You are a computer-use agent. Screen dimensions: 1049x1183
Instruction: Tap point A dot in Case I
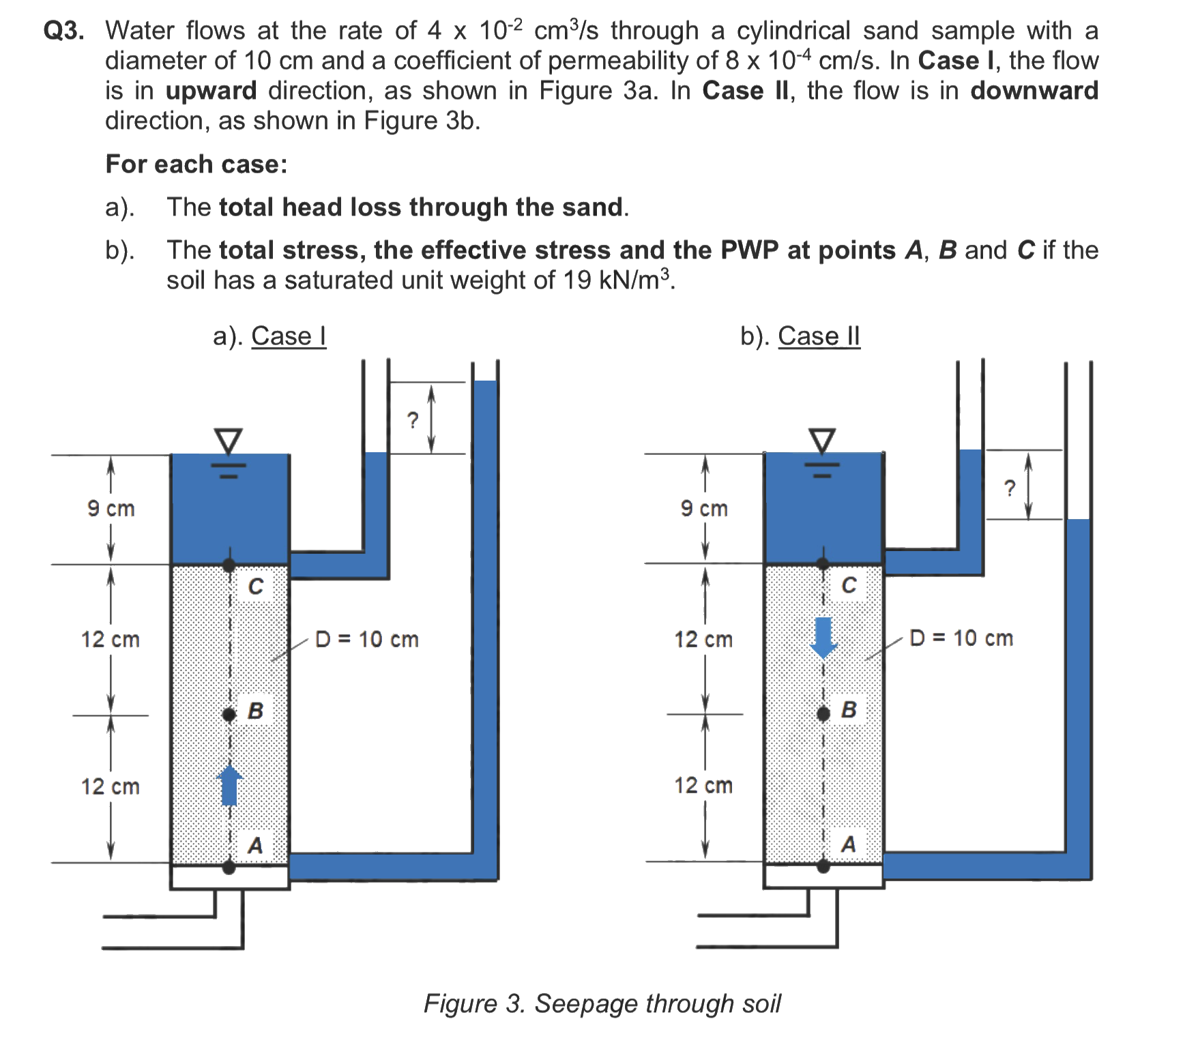[x=229, y=867]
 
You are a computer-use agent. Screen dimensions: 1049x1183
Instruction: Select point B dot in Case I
[x=229, y=714]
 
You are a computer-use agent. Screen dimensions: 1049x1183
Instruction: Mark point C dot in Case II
[x=823, y=563]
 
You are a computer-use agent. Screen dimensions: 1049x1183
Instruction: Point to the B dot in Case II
[x=823, y=713]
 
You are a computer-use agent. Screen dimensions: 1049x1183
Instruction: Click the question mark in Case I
[x=412, y=420]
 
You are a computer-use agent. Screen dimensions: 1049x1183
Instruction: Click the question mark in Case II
[x=1009, y=488]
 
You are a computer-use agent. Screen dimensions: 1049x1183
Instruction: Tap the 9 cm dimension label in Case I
[x=111, y=508]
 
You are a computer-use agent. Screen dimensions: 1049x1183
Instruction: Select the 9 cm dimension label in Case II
[x=704, y=508]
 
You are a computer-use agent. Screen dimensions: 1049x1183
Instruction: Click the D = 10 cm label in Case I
[x=367, y=639]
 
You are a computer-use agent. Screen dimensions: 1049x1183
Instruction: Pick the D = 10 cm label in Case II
[x=961, y=638]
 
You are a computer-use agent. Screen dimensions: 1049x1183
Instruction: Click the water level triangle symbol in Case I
[x=229, y=441]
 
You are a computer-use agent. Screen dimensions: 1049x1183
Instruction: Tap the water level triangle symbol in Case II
[x=822, y=441]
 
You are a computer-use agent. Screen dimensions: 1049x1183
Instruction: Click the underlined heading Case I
[x=289, y=336]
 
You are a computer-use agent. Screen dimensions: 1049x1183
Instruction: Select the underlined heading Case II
[x=819, y=336]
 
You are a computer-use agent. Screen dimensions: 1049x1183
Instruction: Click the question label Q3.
[x=63, y=31]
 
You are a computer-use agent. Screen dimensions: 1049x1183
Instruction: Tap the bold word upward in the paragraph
[x=211, y=91]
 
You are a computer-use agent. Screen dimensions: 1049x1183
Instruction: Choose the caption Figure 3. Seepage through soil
[x=602, y=1003]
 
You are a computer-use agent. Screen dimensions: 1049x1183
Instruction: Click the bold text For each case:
[x=196, y=164]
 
